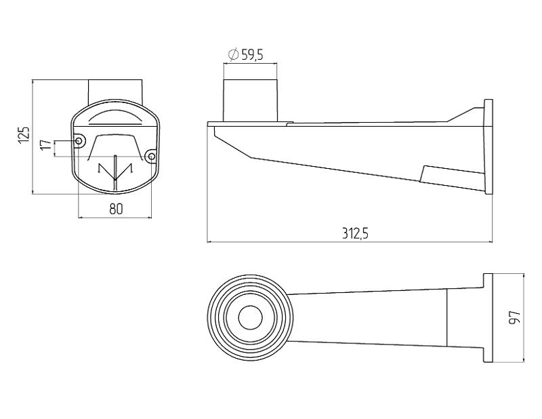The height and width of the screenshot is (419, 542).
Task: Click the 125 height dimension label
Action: coord(24,135)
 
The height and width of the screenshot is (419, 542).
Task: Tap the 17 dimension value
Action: coord(45,144)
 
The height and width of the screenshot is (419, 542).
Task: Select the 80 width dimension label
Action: coord(116,209)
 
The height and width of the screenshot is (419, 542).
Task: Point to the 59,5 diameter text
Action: coord(252,55)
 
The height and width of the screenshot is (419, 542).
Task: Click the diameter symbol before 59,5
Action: coord(233,54)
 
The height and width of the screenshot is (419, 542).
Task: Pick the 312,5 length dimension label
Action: coord(355,233)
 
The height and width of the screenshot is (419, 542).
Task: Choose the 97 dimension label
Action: coord(515,317)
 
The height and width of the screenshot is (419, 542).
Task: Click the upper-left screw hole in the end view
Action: coord(79,141)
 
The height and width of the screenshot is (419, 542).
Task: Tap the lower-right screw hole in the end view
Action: coord(151,157)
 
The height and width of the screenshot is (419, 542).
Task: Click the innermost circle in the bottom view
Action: coord(250,317)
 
